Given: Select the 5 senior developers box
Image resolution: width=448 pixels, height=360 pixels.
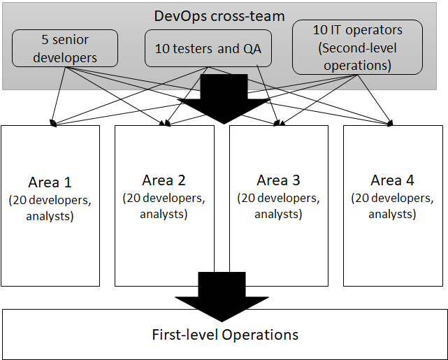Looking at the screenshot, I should [x=65, y=48].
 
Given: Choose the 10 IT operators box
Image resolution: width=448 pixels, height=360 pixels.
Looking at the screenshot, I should [x=357, y=47].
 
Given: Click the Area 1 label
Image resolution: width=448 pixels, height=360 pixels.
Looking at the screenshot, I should [x=50, y=182].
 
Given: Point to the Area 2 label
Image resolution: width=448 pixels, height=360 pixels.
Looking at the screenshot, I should [x=164, y=180].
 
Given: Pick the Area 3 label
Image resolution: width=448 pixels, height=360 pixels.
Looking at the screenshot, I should [x=278, y=180].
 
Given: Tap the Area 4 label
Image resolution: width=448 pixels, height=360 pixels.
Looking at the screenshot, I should [x=392, y=180].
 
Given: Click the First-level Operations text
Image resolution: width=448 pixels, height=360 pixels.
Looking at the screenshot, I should [x=224, y=334].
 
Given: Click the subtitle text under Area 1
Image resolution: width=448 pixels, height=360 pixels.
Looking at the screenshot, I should [x=50, y=208].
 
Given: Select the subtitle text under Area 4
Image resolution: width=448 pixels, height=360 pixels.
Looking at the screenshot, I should [x=392, y=206].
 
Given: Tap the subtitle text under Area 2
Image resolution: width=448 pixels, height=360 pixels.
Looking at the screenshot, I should [x=164, y=206].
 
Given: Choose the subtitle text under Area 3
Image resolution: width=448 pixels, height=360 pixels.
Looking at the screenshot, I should [x=278, y=206].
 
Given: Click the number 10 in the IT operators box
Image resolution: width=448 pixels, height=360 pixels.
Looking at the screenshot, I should [x=319, y=31].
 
